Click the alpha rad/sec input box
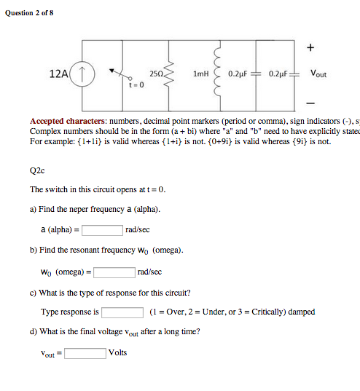tap(102, 229)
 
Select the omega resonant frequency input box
tap(114, 272)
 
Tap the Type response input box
tap(122, 312)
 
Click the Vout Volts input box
tap(85, 353)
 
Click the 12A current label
tap(59, 74)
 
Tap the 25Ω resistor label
tap(156, 74)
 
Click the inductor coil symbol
tap(216, 73)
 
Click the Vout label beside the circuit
tap(318, 74)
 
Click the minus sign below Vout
tap(310, 100)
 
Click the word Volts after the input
tap(117, 352)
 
